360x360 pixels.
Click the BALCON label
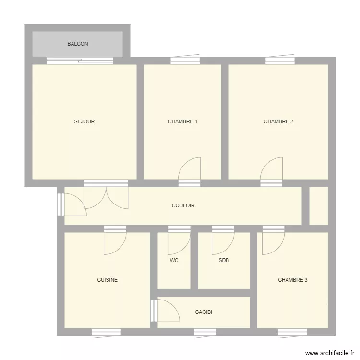[78, 44]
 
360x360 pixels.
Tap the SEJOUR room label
[84, 121]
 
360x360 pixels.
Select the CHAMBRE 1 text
[182, 121]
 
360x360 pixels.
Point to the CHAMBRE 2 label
[278, 121]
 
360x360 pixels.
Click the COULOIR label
[183, 205]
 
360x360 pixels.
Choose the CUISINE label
[107, 280]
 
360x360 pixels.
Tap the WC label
[174, 260]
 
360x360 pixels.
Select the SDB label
[224, 260]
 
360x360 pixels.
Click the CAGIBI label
[204, 312]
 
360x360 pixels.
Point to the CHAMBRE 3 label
[292, 280]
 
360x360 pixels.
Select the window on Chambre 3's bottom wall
[292, 332]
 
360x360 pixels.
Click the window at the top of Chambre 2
[280, 60]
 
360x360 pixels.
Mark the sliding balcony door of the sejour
[80, 60]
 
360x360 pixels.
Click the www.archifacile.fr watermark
[330, 353]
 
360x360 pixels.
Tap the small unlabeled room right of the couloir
[319, 206]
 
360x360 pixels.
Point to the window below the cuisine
[106, 332]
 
